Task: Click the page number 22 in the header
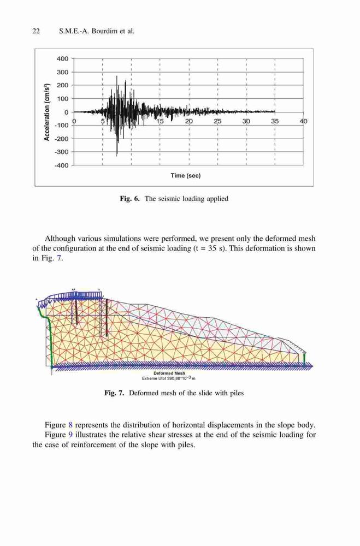point(36,31)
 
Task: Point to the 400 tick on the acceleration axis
point(63,58)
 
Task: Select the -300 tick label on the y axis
point(62,152)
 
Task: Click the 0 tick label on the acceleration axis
point(67,112)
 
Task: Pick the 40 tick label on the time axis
point(304,121)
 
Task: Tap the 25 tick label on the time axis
point(217,121)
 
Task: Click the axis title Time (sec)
point(186,175)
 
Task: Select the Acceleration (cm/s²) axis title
point(46,112)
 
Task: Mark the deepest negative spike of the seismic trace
point(116,155)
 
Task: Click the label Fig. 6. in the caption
point(129,199)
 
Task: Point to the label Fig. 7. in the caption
point(114,393)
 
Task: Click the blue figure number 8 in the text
point(70,425)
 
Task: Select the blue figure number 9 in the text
point(70,435)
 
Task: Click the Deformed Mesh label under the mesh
point(174,373)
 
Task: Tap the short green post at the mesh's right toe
point(304,359)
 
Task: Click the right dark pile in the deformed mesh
point(107,318)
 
